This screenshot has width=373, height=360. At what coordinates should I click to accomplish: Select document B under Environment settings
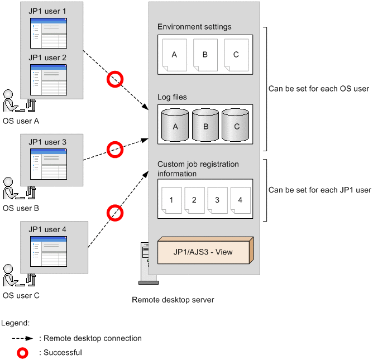coord(205,55)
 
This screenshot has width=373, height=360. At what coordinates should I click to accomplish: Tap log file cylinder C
coord(236,125)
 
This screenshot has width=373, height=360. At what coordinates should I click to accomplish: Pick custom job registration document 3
coord(217,200)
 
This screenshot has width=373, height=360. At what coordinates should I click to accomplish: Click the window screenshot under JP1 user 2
coord(49,80)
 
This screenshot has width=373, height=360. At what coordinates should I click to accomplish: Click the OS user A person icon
coord(19,100)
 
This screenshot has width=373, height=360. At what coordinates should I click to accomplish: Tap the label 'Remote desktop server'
coord(173,300)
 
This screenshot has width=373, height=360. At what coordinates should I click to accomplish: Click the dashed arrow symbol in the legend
coord(22,338)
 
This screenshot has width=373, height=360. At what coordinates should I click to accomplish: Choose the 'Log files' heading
coord(172,97)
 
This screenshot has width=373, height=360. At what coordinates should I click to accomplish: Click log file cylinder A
coord(175,125)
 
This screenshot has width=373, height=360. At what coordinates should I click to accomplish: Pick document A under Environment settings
coord(175,55)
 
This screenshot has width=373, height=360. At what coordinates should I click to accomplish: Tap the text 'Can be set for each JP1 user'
coord(320,190)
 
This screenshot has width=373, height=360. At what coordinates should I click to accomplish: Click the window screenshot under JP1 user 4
coord(49,251)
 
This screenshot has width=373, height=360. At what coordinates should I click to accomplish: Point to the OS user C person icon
coord(19,275)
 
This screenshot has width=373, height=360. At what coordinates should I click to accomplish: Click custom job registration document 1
coord(171,200)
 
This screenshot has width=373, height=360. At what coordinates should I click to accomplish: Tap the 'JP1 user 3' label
coord(47,142)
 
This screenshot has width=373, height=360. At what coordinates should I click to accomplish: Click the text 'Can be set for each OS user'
coord(319,89)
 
